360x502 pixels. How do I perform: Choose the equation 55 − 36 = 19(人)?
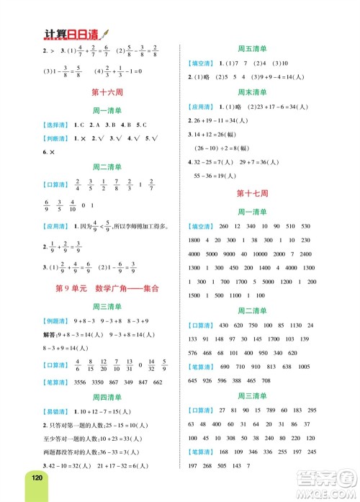[x=220, y=176]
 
